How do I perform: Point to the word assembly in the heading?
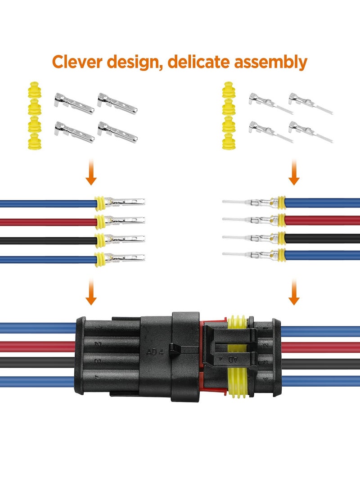point(270,62)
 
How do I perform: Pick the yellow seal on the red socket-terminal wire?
point(99,221)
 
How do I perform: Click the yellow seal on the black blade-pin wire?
point(282,238)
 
